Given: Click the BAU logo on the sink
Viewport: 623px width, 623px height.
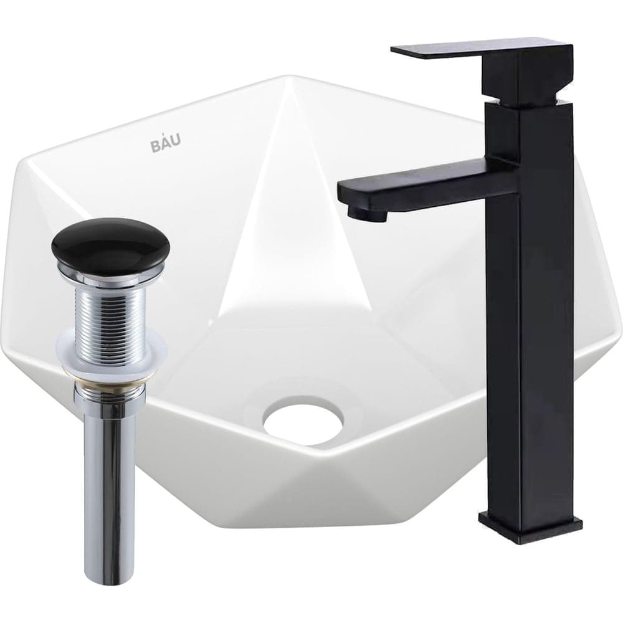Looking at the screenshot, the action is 166,143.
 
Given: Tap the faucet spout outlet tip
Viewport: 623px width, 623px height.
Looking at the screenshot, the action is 367,214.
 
